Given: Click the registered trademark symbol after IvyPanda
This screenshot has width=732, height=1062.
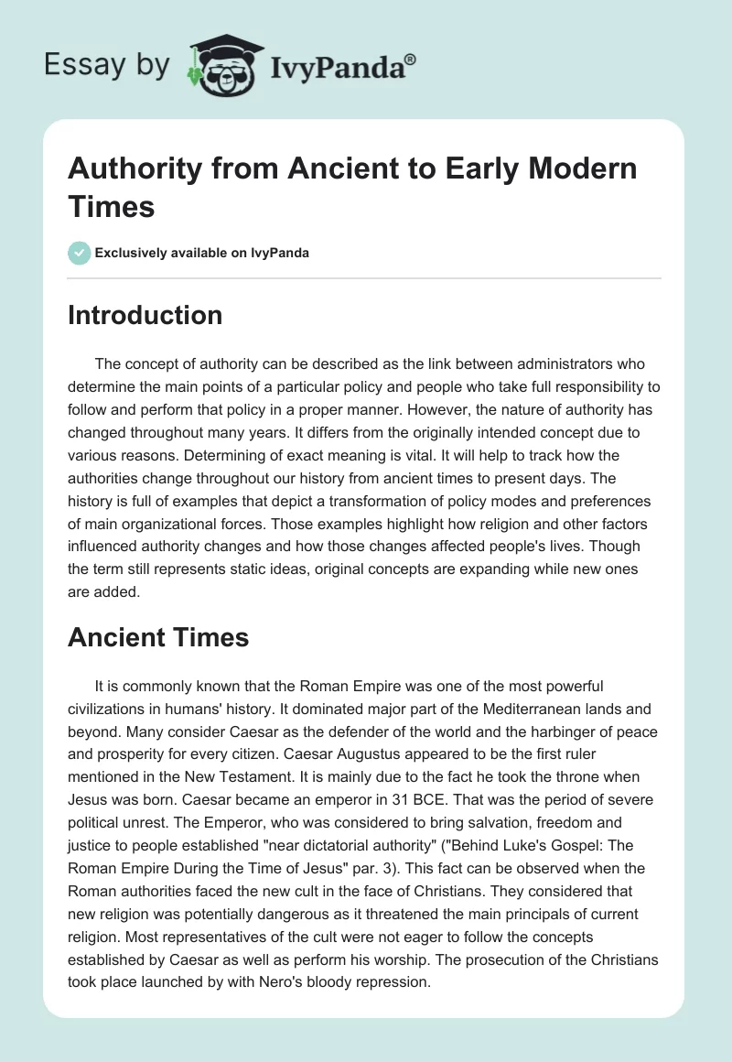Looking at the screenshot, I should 410,60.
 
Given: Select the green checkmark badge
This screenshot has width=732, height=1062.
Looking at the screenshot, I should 79,253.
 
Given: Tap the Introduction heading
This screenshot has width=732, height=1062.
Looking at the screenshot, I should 145,315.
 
